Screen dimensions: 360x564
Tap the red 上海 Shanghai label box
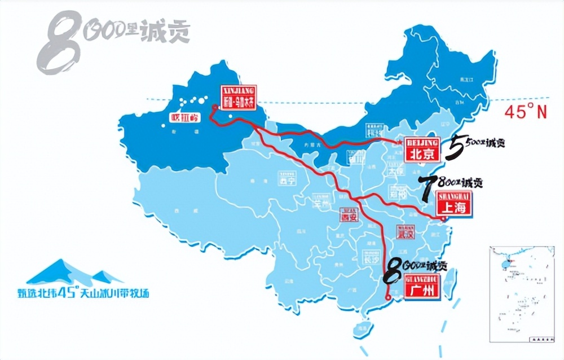coord(453,204)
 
